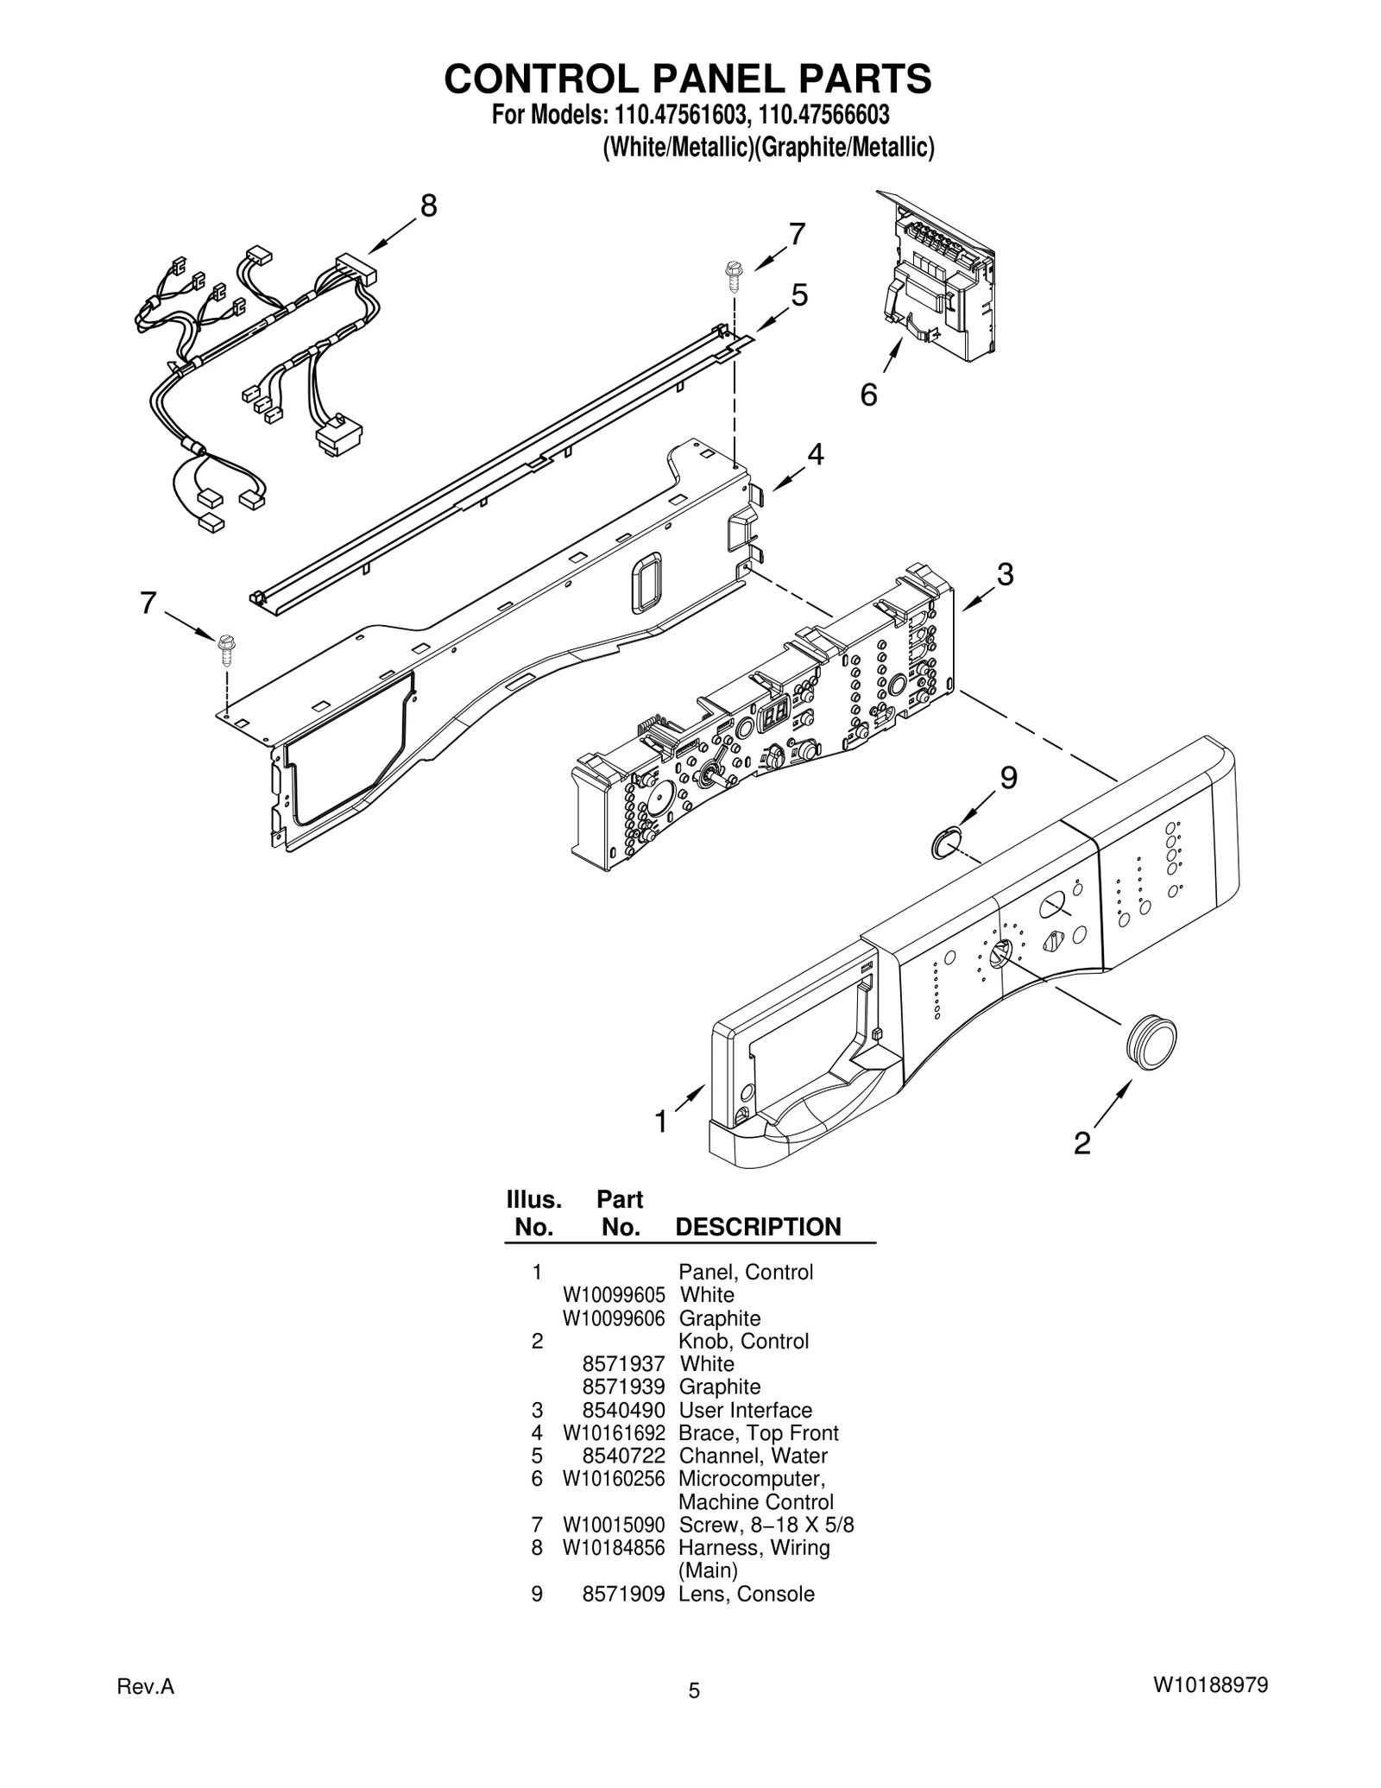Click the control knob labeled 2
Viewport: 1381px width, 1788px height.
(x=1151, y=1043)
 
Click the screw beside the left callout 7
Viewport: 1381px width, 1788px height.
(x=228, y=648)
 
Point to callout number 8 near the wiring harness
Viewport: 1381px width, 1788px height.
(x=428, y=206)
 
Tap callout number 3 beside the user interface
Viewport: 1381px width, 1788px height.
(x=1005, y=574)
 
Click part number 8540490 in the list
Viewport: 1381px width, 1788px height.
(x=623, y=1410)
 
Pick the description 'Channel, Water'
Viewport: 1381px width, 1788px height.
(x=753, y=1456)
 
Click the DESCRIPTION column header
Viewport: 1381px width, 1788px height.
(x=757, y=1227)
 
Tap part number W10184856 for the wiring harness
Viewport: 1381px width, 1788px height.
(x=613, y=1547)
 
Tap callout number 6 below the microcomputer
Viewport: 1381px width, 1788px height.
(x=868, y=395)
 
